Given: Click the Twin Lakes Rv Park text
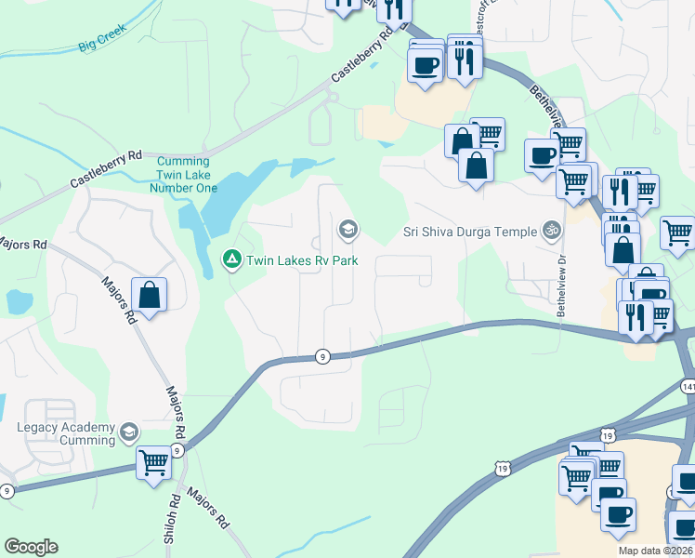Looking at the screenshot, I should [x=301, y=261].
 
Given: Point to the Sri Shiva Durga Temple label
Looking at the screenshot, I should [x=470, y=231].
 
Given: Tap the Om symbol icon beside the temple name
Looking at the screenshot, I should [x=552, y=230].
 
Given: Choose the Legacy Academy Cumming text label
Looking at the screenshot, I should [x=65, y=434].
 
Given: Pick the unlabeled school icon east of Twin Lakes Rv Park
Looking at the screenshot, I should [x=348, y=229].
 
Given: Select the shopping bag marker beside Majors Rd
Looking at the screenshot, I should [x=149, y=296].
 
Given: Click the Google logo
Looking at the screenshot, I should [x=31, y=547].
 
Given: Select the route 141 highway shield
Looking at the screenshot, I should [x=688, y=386].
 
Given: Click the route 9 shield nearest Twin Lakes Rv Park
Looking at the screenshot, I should [x=321, y=356].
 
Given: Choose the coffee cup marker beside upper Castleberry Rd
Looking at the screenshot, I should [x=426, y=66].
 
